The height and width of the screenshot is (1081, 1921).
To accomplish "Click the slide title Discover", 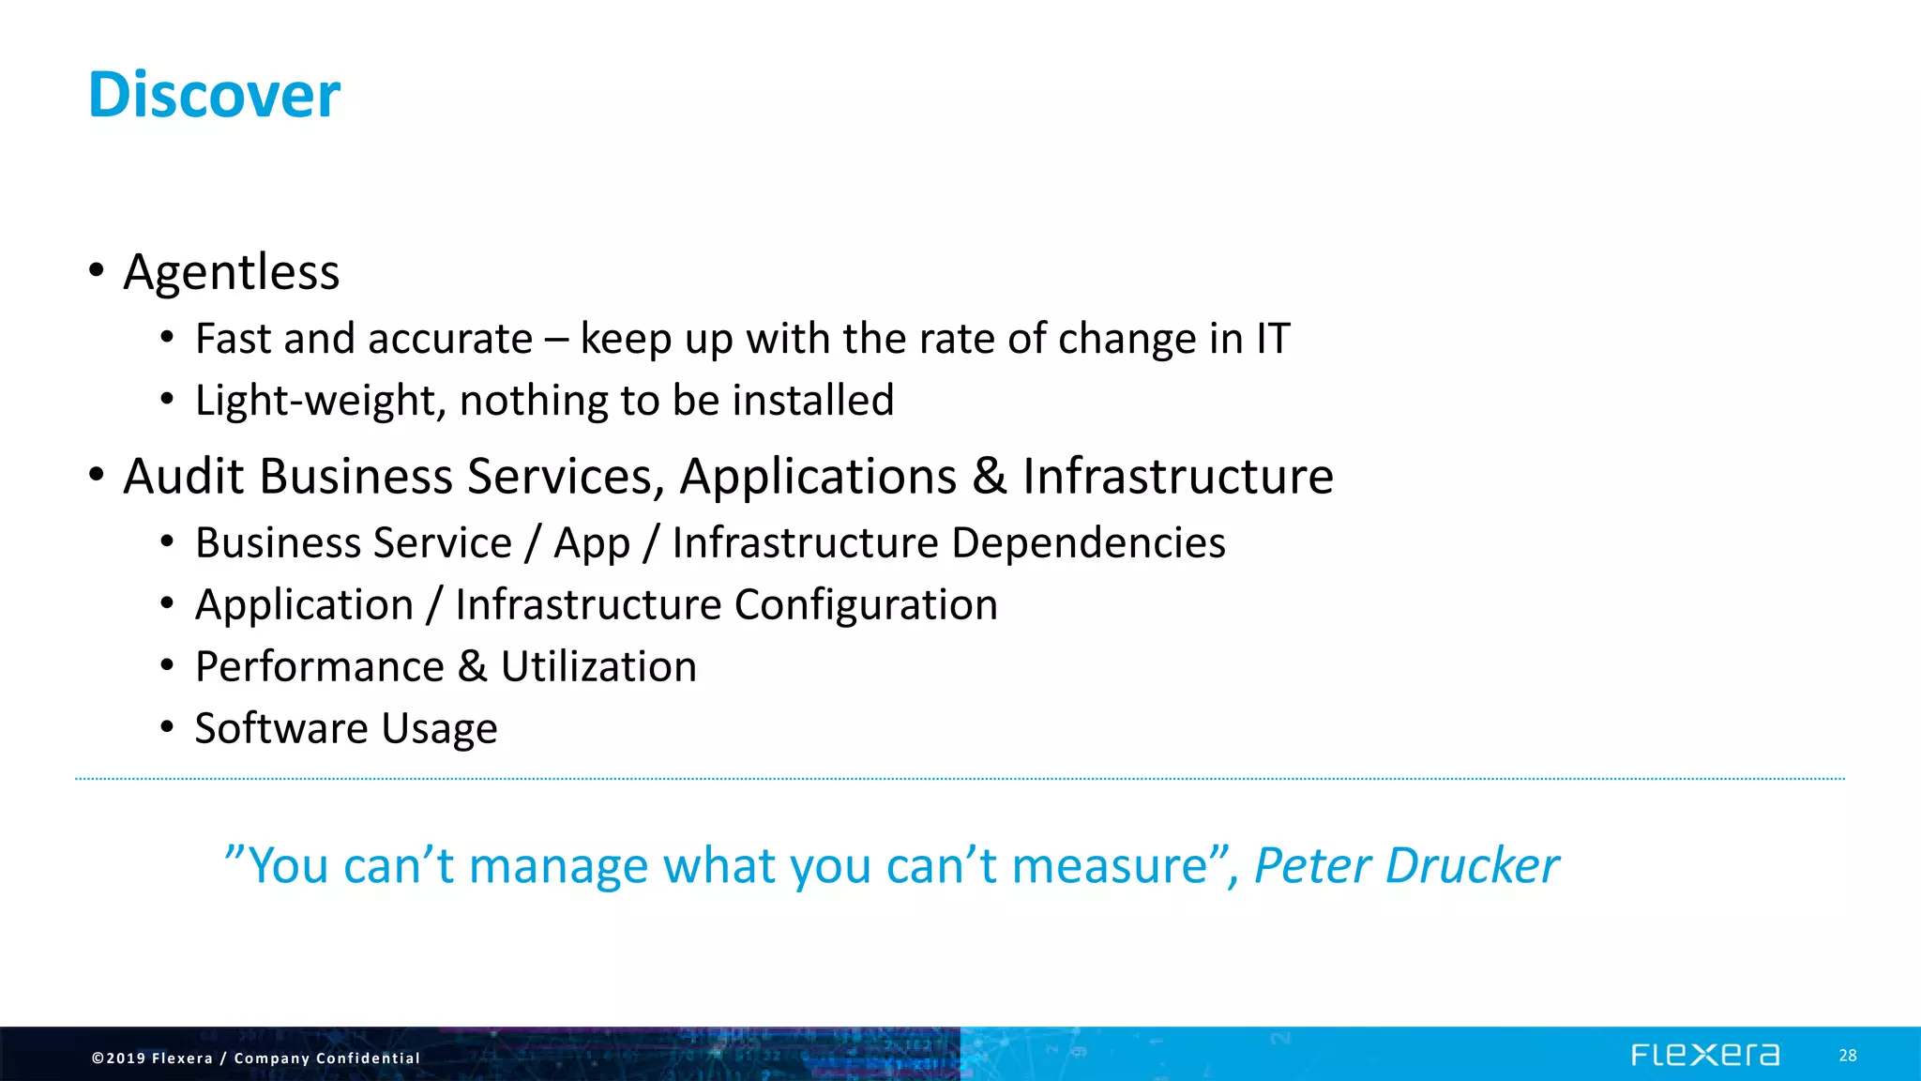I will [x=214, y=95].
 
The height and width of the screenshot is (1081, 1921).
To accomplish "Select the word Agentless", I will [x=231, y=272].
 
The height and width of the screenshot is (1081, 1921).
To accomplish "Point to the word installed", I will [x=812, y=401].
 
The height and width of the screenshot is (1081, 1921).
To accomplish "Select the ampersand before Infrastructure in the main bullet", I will [x=989, y=477].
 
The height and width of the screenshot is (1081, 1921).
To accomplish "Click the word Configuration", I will [x=866, y=605].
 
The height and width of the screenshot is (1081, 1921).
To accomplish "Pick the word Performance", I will [x=319, y=667].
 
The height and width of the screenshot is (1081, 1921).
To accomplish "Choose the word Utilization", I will [x=598, y=667].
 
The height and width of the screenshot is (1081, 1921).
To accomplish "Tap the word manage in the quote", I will [x=558, y=866].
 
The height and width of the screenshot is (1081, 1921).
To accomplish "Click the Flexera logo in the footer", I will [x=1704, y=1056].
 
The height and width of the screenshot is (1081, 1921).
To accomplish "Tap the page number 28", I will [x=1847, y=1056].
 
